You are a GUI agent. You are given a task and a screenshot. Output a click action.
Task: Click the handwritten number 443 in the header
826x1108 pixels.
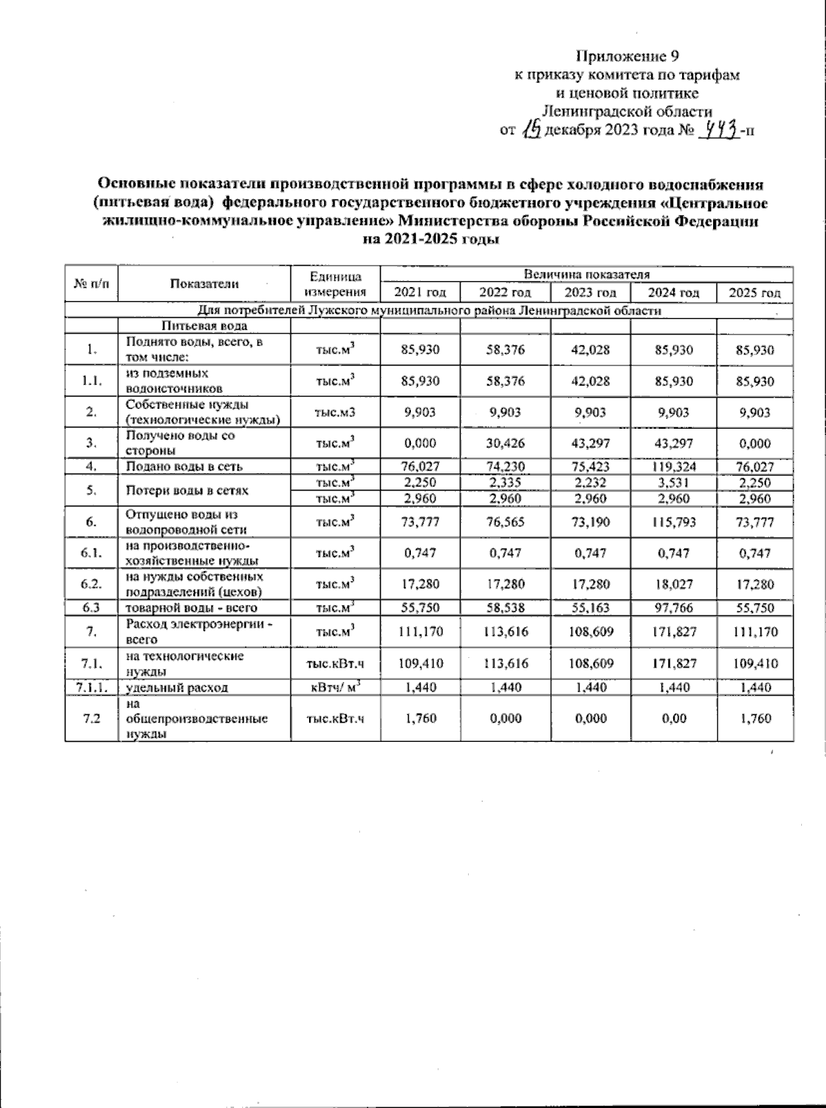721,128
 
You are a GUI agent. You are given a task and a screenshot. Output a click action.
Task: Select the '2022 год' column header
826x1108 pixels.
505,292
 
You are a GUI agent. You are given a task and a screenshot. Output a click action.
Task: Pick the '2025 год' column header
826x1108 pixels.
754,292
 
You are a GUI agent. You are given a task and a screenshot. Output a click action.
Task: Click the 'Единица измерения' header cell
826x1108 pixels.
335,284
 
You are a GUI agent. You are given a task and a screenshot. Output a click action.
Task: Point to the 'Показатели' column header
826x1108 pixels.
204,284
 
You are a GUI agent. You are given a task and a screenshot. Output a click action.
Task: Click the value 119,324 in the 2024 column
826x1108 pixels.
674,467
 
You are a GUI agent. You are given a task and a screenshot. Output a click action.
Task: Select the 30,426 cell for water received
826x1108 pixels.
505,443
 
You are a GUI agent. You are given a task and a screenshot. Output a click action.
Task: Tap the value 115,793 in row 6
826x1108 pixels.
674,522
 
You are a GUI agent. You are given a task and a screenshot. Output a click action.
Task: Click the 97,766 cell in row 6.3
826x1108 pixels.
674,608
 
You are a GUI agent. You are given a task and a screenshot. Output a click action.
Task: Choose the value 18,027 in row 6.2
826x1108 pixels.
674,584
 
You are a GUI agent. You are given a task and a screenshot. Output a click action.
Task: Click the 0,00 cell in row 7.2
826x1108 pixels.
674,718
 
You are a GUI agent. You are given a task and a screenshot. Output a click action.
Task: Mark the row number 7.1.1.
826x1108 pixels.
92,687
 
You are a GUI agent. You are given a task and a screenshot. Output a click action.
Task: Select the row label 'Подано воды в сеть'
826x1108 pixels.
183,467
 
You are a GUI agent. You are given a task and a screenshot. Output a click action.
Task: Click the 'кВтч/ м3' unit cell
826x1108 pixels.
335,687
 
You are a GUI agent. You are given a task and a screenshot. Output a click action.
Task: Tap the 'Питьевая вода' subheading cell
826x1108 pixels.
204,326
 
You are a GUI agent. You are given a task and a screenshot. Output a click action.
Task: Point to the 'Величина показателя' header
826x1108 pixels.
586,275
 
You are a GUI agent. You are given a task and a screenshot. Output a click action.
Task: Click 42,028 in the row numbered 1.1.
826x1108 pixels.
590,381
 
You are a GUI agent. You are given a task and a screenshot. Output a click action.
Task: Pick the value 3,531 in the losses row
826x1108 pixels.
674,482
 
